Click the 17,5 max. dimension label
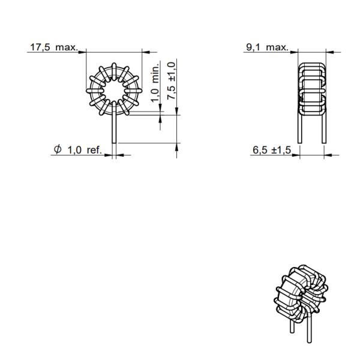54,47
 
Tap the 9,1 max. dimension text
267,47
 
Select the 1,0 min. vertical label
155,82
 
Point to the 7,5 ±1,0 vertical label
172,80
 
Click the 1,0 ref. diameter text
85,150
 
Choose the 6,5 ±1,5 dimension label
272,150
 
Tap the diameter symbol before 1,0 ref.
58,149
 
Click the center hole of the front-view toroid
114,91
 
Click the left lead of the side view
300,126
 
